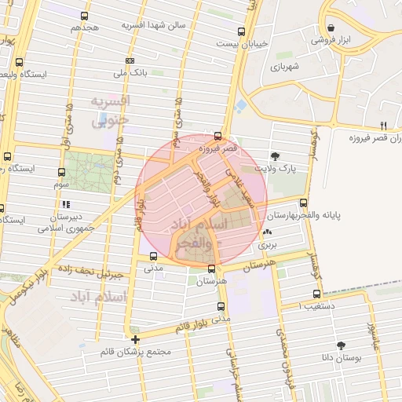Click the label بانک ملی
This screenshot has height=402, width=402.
tap(130, 73)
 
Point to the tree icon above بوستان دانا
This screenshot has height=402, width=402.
tap(341, 345)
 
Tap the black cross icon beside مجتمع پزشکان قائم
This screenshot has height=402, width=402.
tap(136, 339)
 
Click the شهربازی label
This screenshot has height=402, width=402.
tap(286, 67)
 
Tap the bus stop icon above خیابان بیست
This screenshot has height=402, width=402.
tap(241, 32)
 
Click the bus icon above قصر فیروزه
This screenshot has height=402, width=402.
tap(217, 135)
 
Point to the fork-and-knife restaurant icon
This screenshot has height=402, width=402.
tap(383, 125)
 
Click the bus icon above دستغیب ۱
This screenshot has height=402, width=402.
tap(305, 294)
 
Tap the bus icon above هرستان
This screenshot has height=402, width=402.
tap(210, 269)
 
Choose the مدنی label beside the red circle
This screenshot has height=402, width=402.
tap(153, 267)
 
